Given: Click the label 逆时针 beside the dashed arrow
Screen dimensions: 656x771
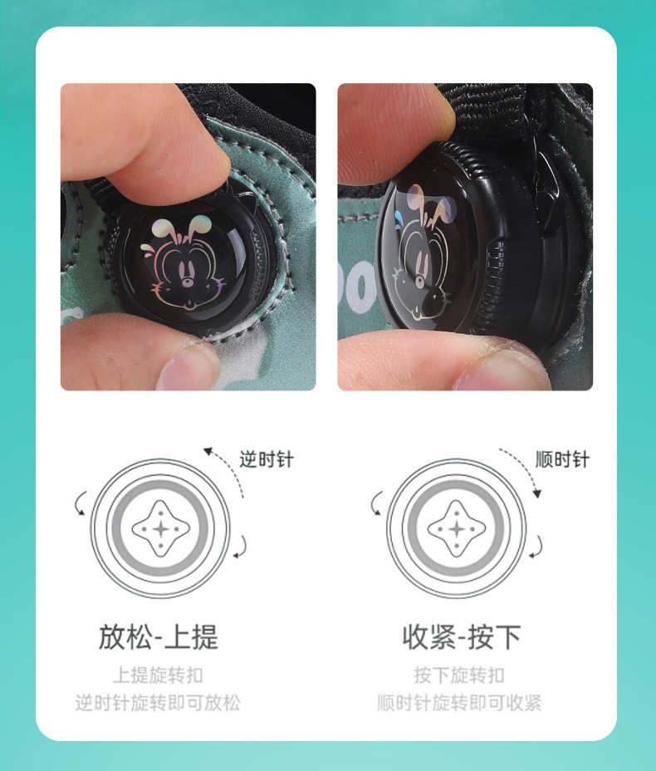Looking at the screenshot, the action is [x=267, y=459].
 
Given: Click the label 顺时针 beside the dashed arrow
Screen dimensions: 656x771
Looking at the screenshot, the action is [x=562, y=459].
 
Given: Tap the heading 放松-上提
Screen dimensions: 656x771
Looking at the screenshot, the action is [x=159, y=636].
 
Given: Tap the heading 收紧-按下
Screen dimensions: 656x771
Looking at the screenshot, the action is [x=462, y=636].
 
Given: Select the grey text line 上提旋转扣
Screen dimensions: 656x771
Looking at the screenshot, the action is [x=158, y=675].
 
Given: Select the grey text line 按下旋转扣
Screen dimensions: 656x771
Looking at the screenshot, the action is [x=459, y=675].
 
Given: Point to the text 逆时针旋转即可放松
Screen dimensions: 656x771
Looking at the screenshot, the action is [x=158, y=703].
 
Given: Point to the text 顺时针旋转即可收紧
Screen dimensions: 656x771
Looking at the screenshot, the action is [x=459, y=703].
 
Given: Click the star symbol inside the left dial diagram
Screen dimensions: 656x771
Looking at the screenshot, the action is [x=161, y=529].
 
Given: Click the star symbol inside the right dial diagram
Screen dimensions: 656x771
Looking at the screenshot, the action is [x=457, y=529].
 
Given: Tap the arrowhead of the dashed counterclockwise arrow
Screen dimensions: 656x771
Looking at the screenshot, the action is [x=208, y=451].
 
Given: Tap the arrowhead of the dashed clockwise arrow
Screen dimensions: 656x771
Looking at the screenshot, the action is [x=537, y=494].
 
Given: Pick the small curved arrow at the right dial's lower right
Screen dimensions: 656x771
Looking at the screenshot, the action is [x=538, y=548].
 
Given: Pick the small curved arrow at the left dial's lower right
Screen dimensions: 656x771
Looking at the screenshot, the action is [x=242, y=548].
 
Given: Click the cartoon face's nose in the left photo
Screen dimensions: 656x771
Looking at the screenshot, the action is [x=187, y=282].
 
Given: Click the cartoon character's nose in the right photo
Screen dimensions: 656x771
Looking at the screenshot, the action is [x=419, y=282].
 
